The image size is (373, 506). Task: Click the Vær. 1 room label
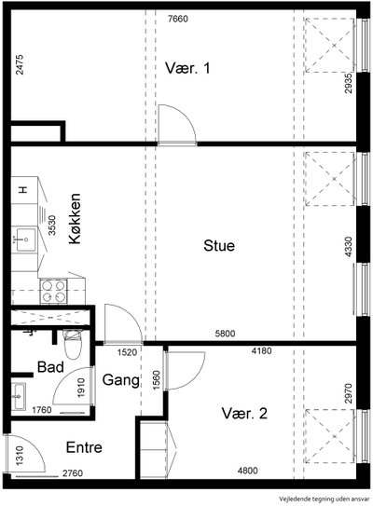187,68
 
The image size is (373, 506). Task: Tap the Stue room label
219,246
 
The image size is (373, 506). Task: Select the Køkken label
75,218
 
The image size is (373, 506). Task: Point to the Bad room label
50,367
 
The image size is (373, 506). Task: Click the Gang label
121,380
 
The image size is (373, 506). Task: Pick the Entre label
84,447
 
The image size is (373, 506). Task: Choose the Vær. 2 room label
244,414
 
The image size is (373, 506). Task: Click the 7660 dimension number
178,19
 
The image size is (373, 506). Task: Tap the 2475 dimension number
20,64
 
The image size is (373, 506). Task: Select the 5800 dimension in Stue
225,334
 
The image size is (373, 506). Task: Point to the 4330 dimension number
348,247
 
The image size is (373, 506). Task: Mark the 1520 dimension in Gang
127,352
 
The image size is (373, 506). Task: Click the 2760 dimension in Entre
73,473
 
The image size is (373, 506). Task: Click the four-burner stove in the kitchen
53,292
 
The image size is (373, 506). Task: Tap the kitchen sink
24,239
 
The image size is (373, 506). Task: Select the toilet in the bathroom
73,345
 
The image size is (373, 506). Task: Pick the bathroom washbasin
18,396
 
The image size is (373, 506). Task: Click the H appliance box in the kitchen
24,190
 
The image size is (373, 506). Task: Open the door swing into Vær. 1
177,124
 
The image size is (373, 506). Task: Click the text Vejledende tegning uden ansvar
324,499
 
